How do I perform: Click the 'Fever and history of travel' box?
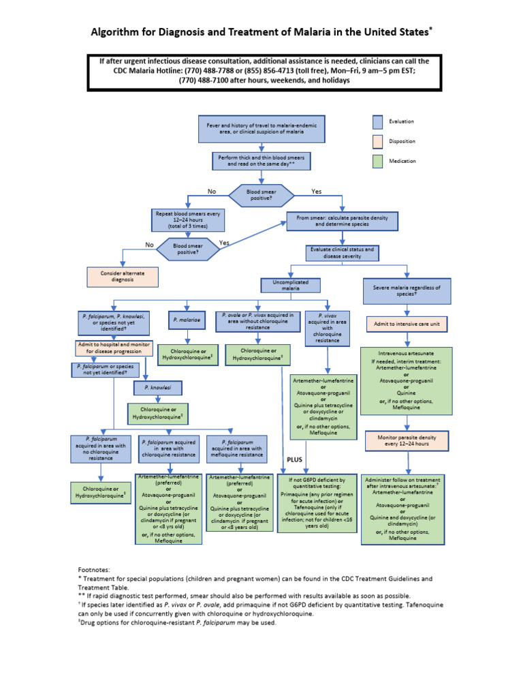[261, 129]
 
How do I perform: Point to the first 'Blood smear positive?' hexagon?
[261, 195]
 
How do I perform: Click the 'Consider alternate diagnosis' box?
[123, 276]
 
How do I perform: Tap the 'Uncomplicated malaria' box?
[291, 284]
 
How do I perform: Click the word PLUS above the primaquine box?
[294, 460]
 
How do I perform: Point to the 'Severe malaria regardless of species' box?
[407, 289]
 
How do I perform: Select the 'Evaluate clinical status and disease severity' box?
[343, 253]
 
